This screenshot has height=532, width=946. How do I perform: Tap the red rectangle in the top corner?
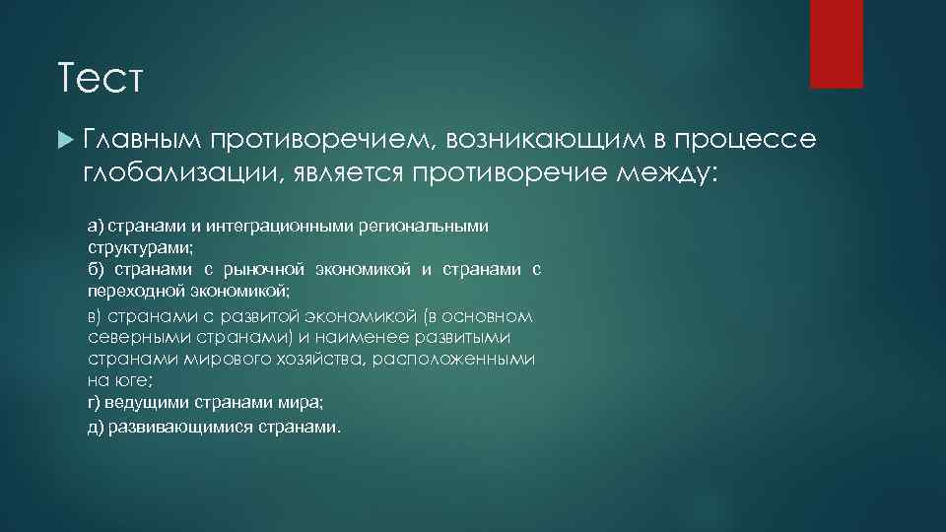(x=836, y=43)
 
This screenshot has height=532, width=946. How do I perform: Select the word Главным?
(x=144, y=142)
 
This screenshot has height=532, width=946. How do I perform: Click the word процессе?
(x=756, y=142)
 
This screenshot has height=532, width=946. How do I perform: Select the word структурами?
(x=130, y=248)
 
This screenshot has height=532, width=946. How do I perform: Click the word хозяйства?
(x=316, y=360)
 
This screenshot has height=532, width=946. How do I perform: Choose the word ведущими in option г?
(x=143, y=403)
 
